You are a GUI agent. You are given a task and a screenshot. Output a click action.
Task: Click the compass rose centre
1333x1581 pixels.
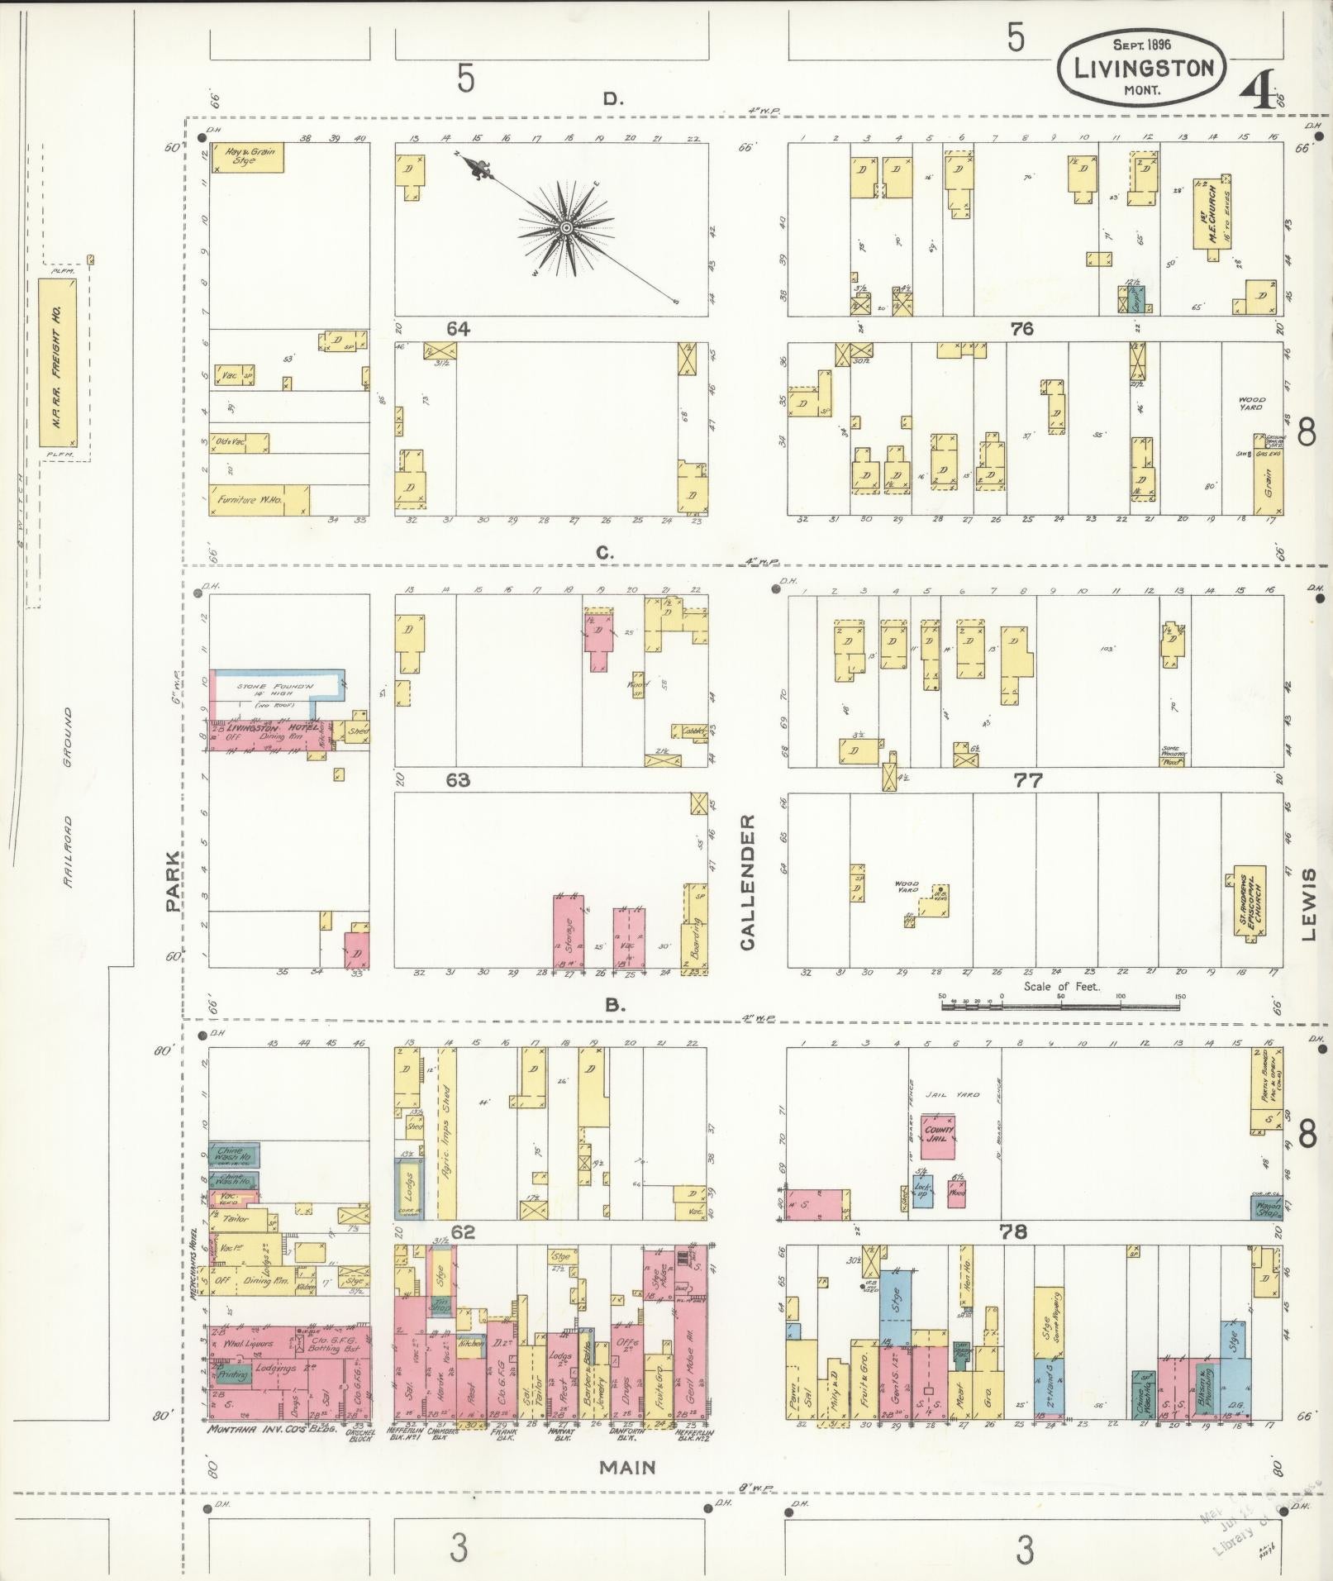(566, 226)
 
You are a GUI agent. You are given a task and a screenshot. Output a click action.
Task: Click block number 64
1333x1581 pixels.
(458, 329)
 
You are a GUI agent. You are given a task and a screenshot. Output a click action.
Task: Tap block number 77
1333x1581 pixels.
(1028, 779)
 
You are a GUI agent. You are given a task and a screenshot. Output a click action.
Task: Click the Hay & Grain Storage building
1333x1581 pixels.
(248, 157)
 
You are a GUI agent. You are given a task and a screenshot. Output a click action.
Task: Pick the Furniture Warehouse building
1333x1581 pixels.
(258, 500)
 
